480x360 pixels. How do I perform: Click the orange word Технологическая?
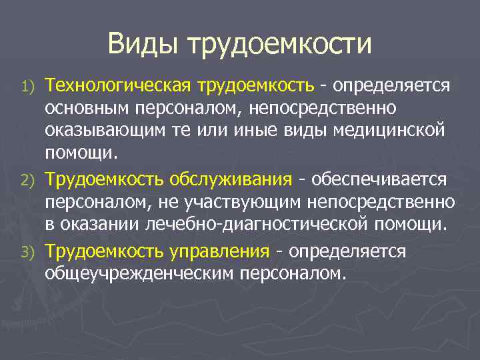point(116,86)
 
